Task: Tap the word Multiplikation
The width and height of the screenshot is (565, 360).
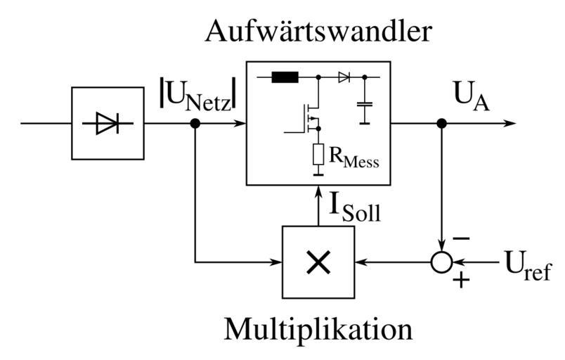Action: pos(318,329)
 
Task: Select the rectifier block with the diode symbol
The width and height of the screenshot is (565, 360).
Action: pos(107,124)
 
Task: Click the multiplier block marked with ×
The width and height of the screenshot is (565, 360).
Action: pos(318,262)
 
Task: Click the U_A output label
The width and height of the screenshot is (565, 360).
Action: pos(472,98)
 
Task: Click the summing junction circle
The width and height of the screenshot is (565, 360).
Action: pos(441,263)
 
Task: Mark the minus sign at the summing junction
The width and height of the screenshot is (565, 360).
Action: pos(460,239)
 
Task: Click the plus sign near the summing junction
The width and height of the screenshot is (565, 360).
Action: pos(460,281)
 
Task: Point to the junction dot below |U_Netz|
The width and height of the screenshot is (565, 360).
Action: pos(196,124)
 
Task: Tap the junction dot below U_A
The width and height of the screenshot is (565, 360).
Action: pos(441,124)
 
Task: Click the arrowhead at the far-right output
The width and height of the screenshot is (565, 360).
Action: pos(509,124)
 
